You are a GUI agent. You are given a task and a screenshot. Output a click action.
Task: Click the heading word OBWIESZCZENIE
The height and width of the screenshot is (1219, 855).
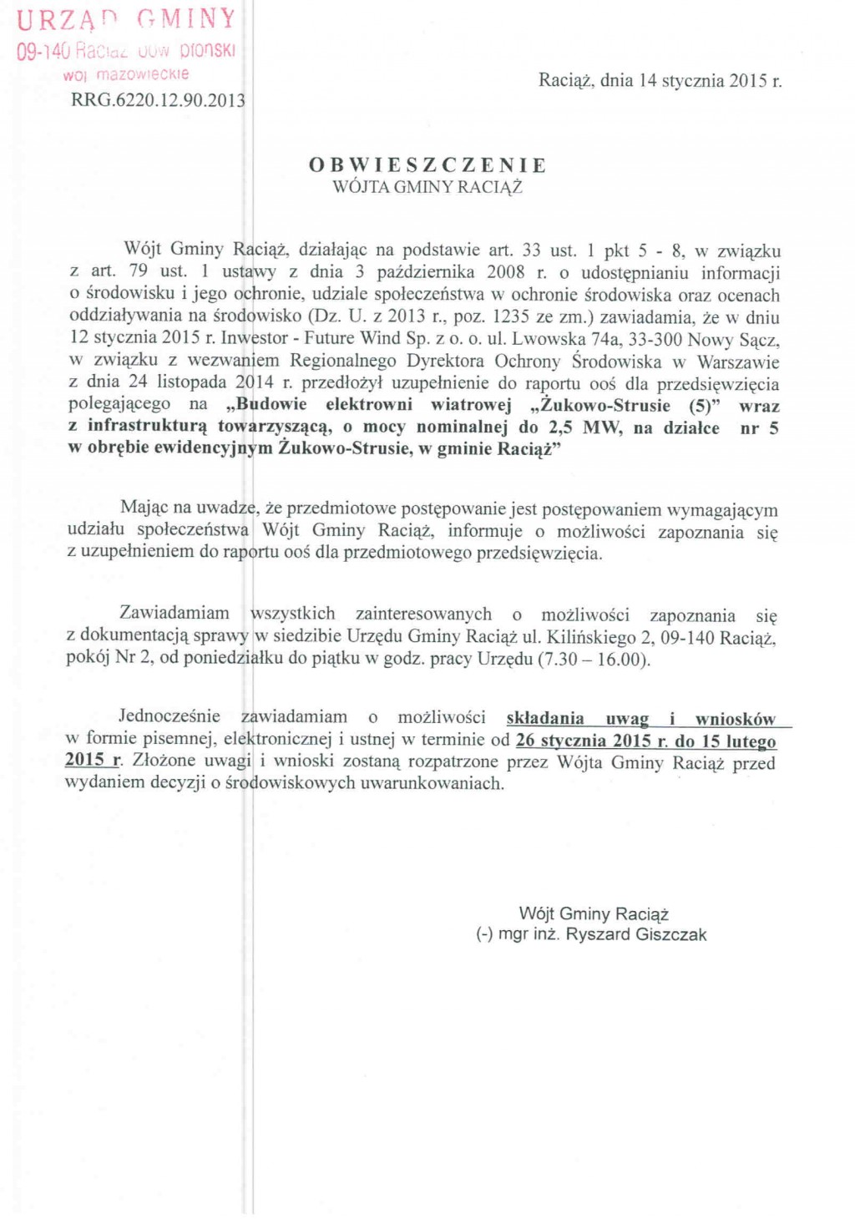coord(427,164)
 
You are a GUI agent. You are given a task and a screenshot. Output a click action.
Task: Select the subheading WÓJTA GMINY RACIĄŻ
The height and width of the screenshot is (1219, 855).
coord(427,187)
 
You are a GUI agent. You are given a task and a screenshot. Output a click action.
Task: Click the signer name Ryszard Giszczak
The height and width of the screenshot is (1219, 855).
coord(636,934)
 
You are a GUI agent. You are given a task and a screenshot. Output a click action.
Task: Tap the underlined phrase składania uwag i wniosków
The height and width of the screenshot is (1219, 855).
coord(640,718)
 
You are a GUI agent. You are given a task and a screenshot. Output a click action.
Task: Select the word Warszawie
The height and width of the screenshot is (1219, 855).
coord(738,362)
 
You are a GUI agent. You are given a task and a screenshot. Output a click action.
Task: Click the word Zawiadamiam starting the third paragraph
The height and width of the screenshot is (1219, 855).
coord(174,614)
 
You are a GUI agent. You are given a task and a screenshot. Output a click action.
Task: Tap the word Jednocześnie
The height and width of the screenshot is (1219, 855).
coord(169,716)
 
